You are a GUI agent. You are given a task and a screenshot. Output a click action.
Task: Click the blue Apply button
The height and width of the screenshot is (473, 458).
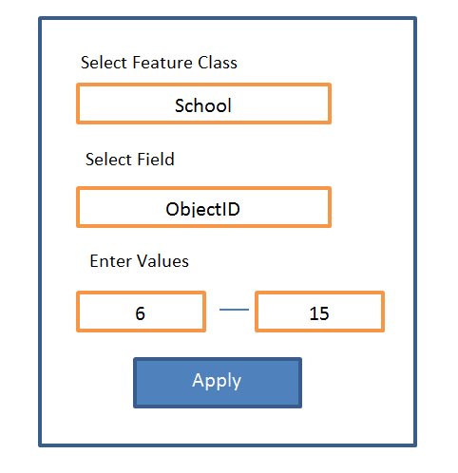coord(218,383)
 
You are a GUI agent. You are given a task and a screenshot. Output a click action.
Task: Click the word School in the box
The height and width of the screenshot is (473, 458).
coord(203,105)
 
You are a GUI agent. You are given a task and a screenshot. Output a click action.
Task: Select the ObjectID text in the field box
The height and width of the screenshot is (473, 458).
coord(203,209)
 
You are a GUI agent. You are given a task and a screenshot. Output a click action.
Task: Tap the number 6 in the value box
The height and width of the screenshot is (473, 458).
coord(141,313)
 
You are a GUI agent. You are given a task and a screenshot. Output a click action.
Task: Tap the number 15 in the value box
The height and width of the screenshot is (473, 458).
coord(319,313)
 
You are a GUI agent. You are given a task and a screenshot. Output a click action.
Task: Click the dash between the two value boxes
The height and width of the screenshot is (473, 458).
coord(234,310)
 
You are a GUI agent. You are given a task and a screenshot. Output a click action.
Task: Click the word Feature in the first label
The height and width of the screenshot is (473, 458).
coord(162,63)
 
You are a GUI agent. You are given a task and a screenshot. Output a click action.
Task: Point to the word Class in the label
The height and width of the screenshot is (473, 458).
coord(218,63)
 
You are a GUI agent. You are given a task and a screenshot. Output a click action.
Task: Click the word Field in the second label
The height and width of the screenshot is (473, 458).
coord(156,159)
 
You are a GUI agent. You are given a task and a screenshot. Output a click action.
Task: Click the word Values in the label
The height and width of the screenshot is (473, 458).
coord(163,261)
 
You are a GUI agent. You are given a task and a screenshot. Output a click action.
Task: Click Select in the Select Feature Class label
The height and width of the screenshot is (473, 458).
coord(105,63)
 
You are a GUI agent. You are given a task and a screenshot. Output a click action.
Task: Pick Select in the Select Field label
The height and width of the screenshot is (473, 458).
coord(108,159)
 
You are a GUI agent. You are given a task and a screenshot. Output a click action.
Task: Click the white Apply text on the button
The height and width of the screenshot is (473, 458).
coord(217,381)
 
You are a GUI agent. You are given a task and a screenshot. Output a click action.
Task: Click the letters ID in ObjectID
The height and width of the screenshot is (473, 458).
coord(231,209)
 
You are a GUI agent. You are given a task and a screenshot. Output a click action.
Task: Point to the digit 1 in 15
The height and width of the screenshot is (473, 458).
coord(314,313)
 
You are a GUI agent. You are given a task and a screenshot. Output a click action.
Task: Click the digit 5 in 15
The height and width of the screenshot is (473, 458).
coord(324,313)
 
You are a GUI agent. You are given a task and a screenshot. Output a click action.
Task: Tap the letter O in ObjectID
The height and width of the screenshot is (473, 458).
coord(173,209)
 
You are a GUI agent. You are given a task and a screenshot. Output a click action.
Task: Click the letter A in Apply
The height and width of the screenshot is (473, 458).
coord(199,379)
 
